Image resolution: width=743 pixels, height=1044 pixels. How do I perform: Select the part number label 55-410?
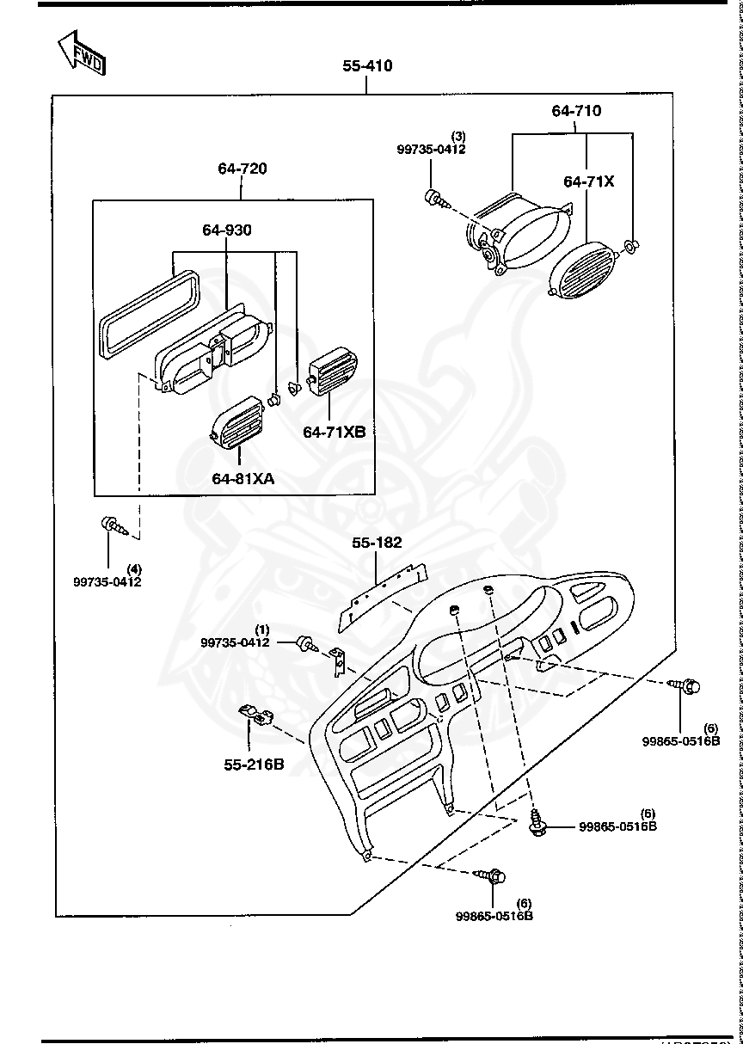point(367,66)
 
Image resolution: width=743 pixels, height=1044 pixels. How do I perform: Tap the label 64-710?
point(576,111)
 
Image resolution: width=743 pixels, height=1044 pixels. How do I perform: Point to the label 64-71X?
point(589,181)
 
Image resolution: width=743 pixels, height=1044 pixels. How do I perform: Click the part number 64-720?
point(242,169)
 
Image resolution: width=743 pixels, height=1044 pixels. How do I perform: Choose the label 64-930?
point(227,230)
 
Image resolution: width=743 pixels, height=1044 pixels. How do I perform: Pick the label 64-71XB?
point(334,432)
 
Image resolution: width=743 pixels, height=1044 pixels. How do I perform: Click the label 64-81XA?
point(243,479)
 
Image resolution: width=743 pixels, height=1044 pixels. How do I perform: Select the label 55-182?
point(377,543)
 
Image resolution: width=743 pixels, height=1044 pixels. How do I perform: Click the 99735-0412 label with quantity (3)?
point(431,149)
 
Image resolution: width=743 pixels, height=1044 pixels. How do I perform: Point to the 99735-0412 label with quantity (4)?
point(107,581)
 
